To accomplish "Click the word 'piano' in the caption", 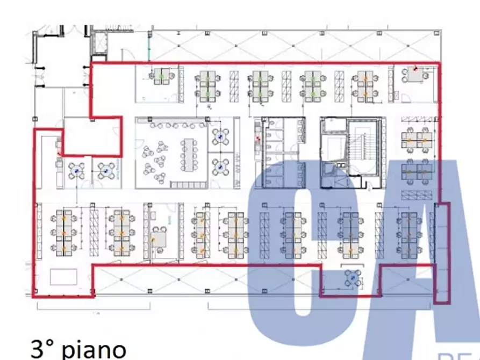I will click(94, 349).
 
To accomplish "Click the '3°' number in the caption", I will click(43, 349).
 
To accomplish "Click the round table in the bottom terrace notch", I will click(352, 278).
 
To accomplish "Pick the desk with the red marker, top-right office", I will click(415, 74).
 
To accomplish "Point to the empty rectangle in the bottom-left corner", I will click(63, 277).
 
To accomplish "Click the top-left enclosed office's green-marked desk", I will click(161, 76).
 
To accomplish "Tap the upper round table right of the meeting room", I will click(220, 137).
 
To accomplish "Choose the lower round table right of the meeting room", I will click(220, 168).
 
